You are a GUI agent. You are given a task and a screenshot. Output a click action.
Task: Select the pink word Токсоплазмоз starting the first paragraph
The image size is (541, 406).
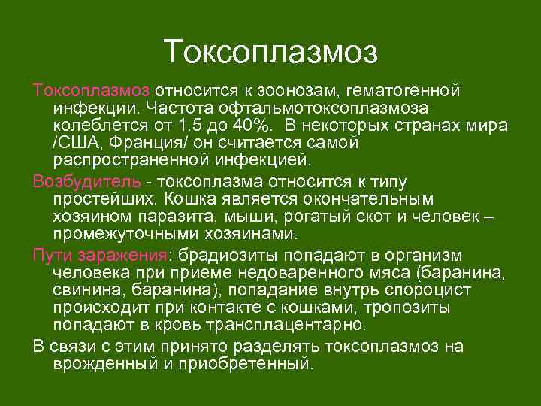coord(91,89)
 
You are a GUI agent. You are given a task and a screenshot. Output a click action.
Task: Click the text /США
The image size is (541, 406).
coord(77,143)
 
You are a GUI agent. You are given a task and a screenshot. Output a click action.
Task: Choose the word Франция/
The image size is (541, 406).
coord(147,143)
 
